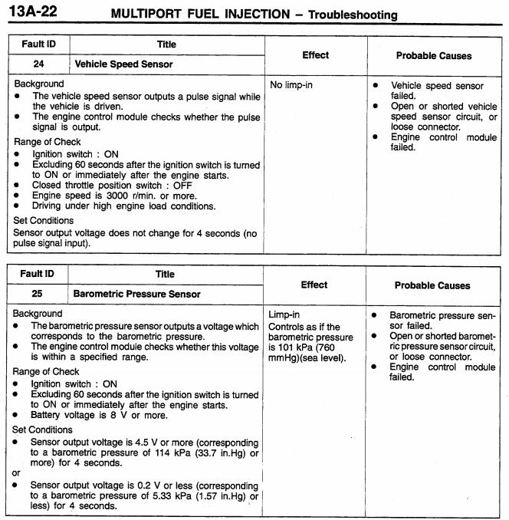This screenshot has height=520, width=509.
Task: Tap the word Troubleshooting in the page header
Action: (351, 15)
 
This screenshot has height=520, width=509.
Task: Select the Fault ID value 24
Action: (38, 64)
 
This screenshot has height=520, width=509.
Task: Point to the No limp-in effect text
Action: (291, 84)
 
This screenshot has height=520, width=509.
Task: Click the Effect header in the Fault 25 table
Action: (314, 285)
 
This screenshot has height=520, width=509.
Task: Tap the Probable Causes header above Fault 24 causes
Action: (434, 55)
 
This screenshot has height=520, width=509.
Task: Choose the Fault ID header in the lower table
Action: (37, 274)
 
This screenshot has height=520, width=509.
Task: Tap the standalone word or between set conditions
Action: (18, 473)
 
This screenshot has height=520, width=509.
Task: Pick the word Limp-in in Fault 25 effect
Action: (284, 315)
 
